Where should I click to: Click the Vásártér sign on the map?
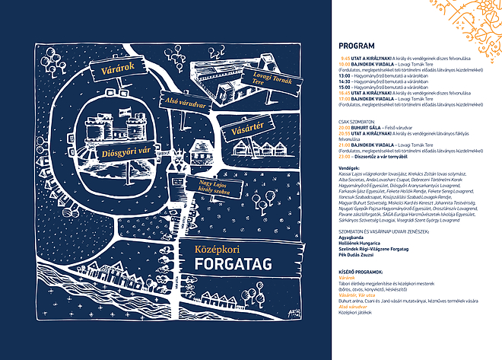[247, 133]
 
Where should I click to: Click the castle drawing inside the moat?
[114, 122]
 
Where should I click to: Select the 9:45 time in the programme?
[345, 59]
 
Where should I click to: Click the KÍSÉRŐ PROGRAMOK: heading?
[361, 270]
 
